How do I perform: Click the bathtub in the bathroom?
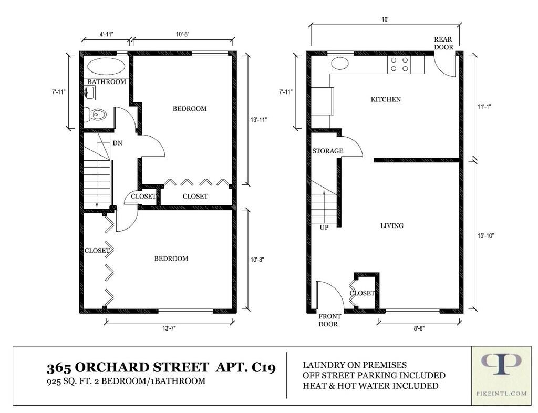(x=107, y=66)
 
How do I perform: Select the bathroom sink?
(x=90, y=92)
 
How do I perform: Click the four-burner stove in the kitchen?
(x=399, y=64)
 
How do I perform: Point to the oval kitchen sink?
(x=340, y=64)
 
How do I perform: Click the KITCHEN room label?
(x=386, y=99)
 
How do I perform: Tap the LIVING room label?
(x=392, y=226)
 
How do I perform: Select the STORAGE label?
(x=328, y=151)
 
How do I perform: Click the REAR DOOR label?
(x=443, y=43)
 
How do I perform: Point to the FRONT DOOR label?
(x=329, y=320)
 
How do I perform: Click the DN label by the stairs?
(x=117, y=143)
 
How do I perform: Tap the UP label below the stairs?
(x=324, y=228)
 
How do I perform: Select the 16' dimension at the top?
(x=385, y=19)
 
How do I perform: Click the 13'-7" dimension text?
(x=169, y=328)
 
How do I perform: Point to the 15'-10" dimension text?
(x=485, y=235)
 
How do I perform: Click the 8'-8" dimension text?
(x=419, y=328)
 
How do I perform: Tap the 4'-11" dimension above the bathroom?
(x=106, y=34)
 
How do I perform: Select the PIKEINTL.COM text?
(x=501, y=394)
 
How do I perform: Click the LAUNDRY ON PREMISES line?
(x=355, y=365)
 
